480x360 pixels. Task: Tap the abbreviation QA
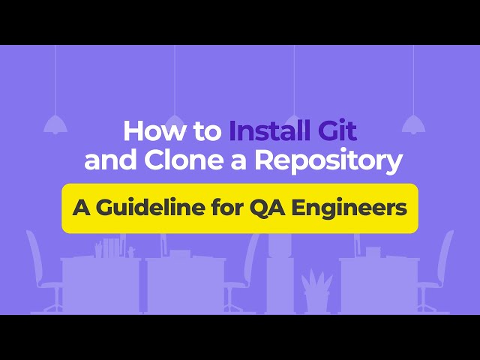coord(266,208)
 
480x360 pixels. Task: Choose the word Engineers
coord(349,208)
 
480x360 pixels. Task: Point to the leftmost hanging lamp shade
coord(55,124)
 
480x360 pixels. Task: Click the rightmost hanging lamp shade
coord(413,124)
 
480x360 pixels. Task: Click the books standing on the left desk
coord(111,247)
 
